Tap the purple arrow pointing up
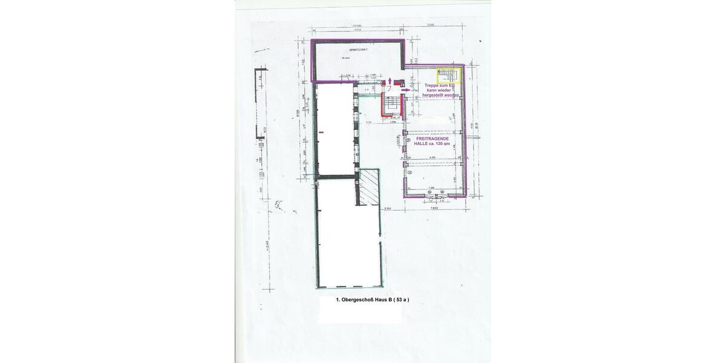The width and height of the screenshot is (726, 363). (390, 80)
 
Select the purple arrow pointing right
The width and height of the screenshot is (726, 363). (405, 89)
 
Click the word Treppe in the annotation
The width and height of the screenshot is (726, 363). (433, 86)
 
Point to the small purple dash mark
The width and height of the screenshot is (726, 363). (321, 131)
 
